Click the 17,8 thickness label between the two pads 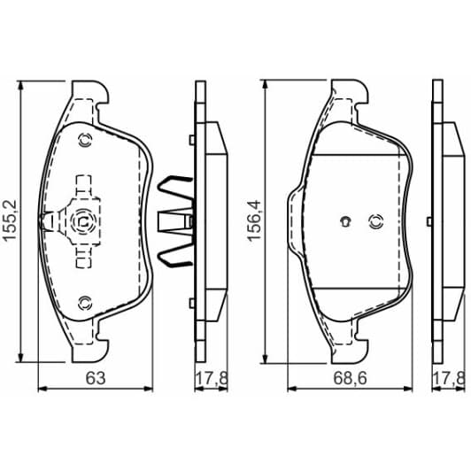206,379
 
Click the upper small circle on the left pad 85,139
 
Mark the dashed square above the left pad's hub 85,186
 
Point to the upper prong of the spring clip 172,189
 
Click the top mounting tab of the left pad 89,92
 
